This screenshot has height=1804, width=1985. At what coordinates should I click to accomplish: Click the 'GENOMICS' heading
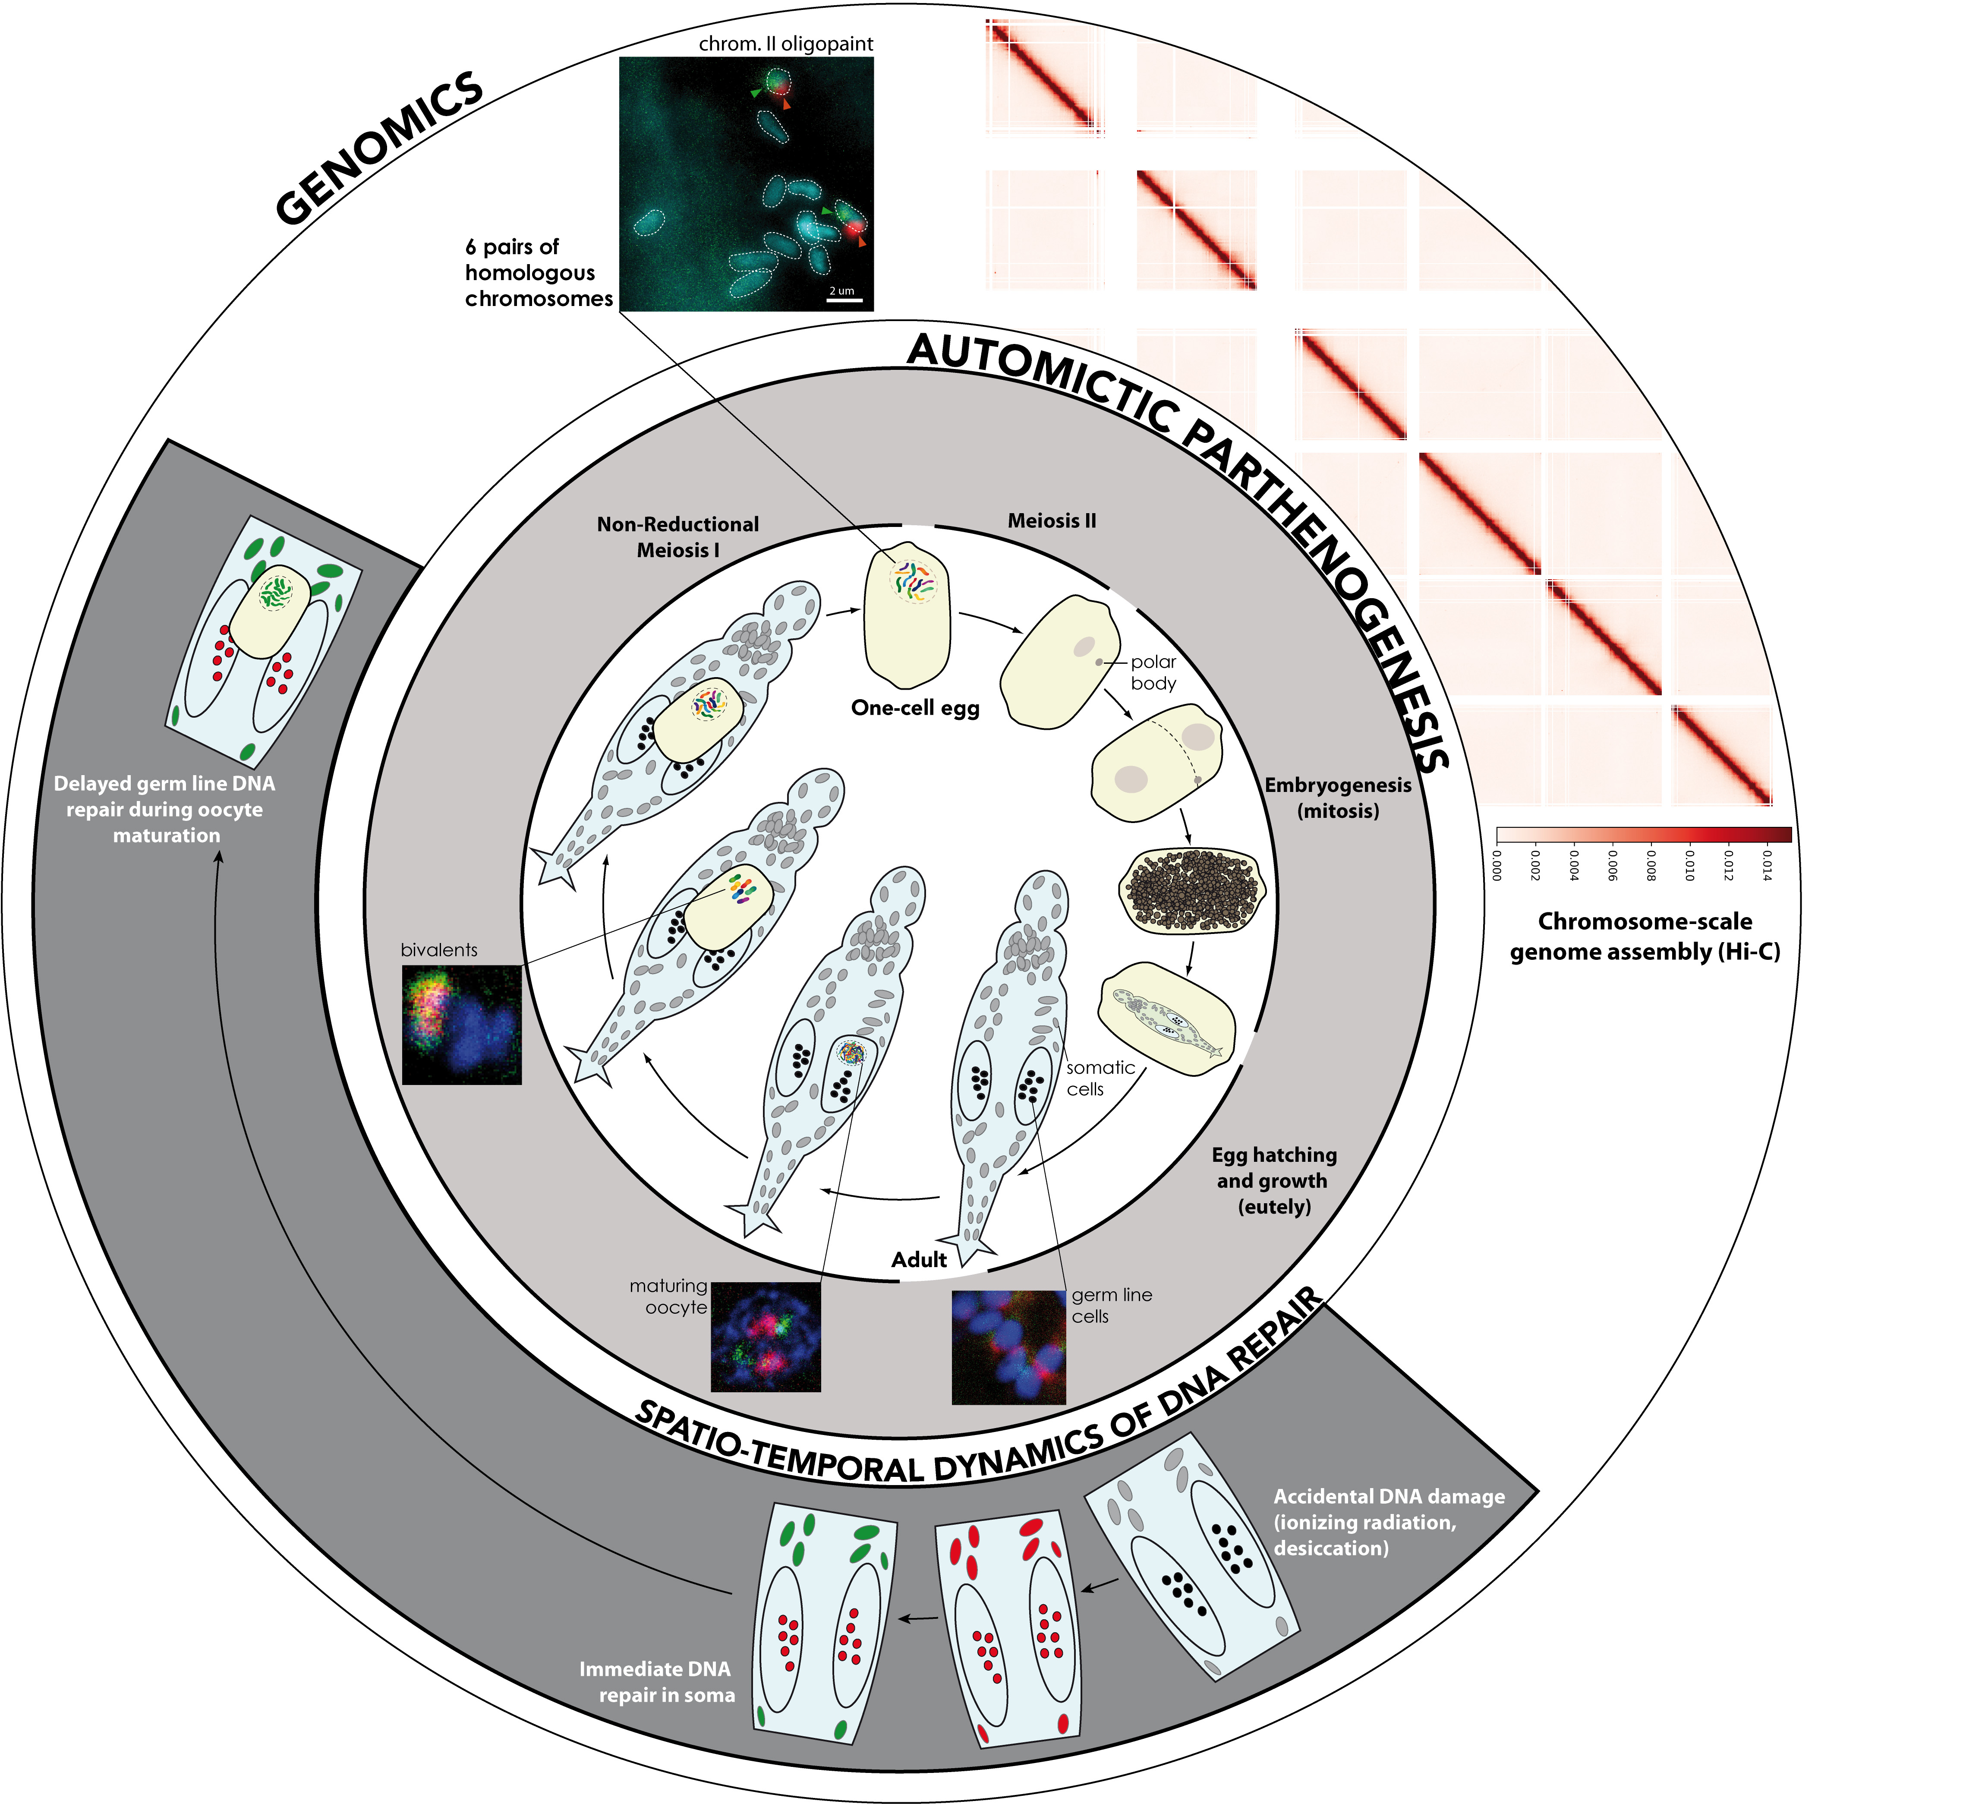click(379, 148)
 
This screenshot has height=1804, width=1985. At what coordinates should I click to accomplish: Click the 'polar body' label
click(1153, 672)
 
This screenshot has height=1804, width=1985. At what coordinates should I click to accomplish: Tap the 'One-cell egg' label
click(916, 708)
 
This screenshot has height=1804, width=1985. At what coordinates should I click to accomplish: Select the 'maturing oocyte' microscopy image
click(765, 1336)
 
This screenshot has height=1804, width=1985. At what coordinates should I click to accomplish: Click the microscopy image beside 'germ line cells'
click(1008, 1347)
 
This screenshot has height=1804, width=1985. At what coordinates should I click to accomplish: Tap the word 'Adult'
click(919, 1259)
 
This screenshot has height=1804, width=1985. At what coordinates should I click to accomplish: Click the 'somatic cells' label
click(1100, 1078)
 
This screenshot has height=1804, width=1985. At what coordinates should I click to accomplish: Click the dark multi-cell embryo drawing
click(1192, 891)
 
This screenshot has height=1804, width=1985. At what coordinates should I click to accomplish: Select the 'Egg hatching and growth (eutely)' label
click(1274, 1181)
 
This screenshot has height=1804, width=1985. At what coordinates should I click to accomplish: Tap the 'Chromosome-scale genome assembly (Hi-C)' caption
click(1645, 937)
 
